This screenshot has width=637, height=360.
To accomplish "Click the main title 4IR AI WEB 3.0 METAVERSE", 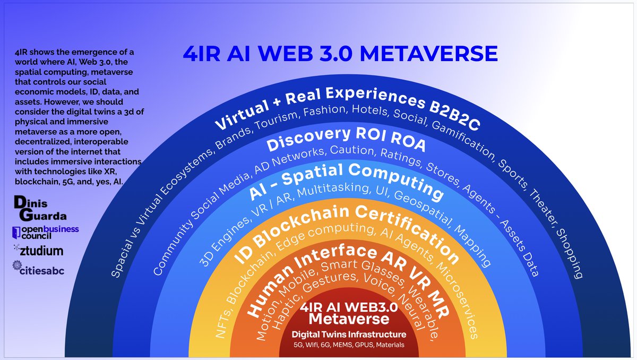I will (x=340, y=54).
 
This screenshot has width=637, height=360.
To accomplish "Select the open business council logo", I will (x=45, y=232).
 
